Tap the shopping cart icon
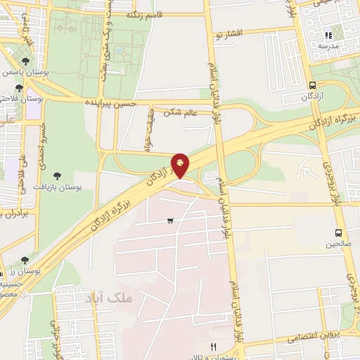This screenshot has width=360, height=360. click(x=170, y=220)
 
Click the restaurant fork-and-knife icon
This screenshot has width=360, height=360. click(x=214, y=346)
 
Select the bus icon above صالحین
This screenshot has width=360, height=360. click(x=339, y=233)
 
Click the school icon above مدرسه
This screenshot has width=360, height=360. click(x=327, y=35)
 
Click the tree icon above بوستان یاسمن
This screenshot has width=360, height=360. click(x=26, y=62)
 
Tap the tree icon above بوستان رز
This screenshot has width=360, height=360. click(x=25, y=260)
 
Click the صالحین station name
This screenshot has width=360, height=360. click(x=338, y=244)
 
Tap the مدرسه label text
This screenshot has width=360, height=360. click(x=328, y=46)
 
